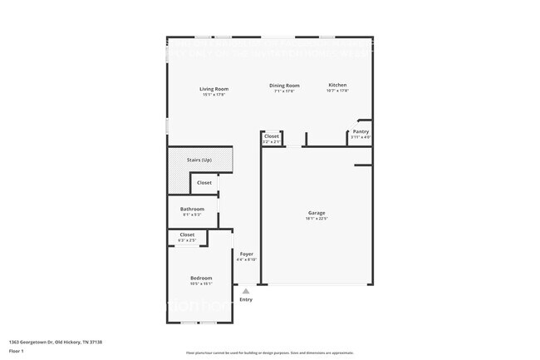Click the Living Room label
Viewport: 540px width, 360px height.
tap(214, 89)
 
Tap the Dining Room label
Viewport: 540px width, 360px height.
tap(283, 86)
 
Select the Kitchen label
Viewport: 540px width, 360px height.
tap(337, 85)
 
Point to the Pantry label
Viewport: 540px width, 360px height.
tap(361, 131)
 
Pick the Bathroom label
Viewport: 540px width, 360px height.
tap(192, 209)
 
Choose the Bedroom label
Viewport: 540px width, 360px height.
tap(201, 278)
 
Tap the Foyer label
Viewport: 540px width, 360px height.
tap(247, 254)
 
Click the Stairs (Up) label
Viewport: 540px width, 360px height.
tap(199, 159)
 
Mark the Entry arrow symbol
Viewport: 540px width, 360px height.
tap(246, 291)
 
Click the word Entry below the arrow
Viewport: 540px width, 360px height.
tap(246, 299)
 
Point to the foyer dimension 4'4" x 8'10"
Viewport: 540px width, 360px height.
tap(247, 259)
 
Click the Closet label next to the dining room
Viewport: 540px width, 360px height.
tap(272, 136)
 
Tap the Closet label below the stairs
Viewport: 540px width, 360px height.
tap(204, 182)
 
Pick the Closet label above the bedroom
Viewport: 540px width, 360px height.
tap(187, 234)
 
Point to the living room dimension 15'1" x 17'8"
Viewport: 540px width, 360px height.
tap(214, 95)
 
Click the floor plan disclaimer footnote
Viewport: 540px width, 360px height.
tap(270, 353)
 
